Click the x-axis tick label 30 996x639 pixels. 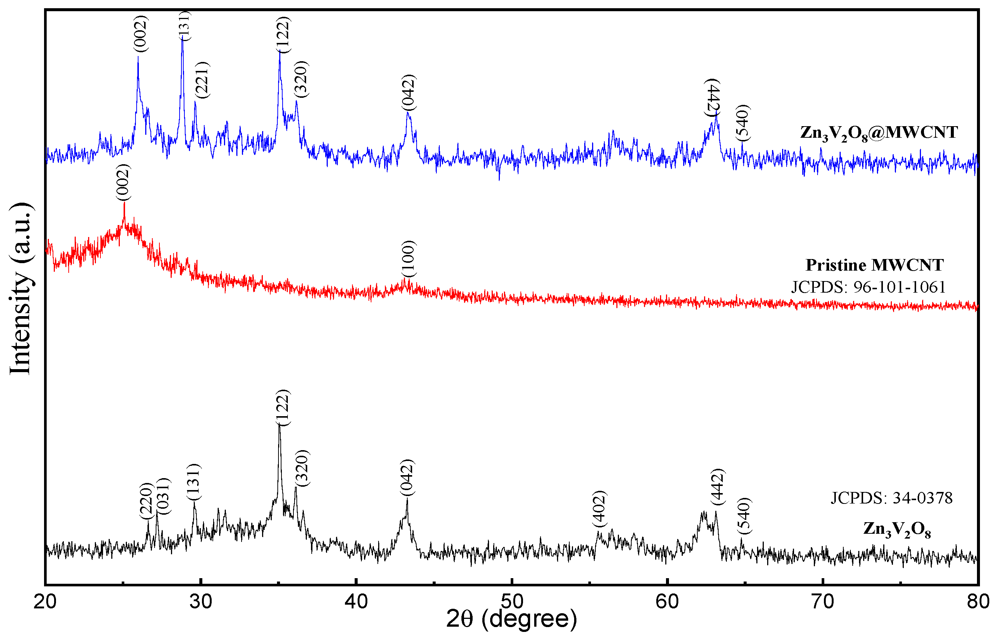[200, 602]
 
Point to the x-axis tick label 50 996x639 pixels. [512, 602]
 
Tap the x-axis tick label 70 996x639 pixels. [822, 602]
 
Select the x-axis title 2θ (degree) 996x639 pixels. [511, 619]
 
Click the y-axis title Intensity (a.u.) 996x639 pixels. [21, 289]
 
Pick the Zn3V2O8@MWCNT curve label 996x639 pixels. [878, 133]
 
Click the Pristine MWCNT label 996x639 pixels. [874, 265]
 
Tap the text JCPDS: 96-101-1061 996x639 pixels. [868, 287]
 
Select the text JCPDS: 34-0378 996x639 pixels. [891, 498]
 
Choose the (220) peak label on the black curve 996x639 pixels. [146, 501]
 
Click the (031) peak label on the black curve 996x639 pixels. [164, 496]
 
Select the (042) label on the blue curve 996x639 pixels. [409, 93]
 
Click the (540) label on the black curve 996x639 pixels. [744, 516]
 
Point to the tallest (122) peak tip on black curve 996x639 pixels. [279, 425]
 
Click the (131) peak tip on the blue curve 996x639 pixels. [182, 37]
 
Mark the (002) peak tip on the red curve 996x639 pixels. [124, 203]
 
